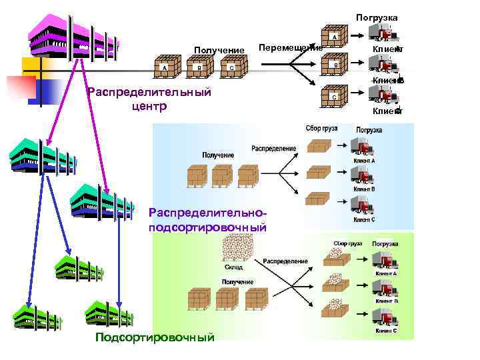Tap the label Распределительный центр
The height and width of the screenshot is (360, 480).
point(149,99)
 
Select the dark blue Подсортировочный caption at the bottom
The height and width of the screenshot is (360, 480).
point(155,337)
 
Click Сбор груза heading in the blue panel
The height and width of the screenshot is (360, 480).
point(321,127)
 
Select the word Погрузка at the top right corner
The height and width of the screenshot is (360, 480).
point(377,17)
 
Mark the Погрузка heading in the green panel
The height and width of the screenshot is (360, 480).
point(385,244)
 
